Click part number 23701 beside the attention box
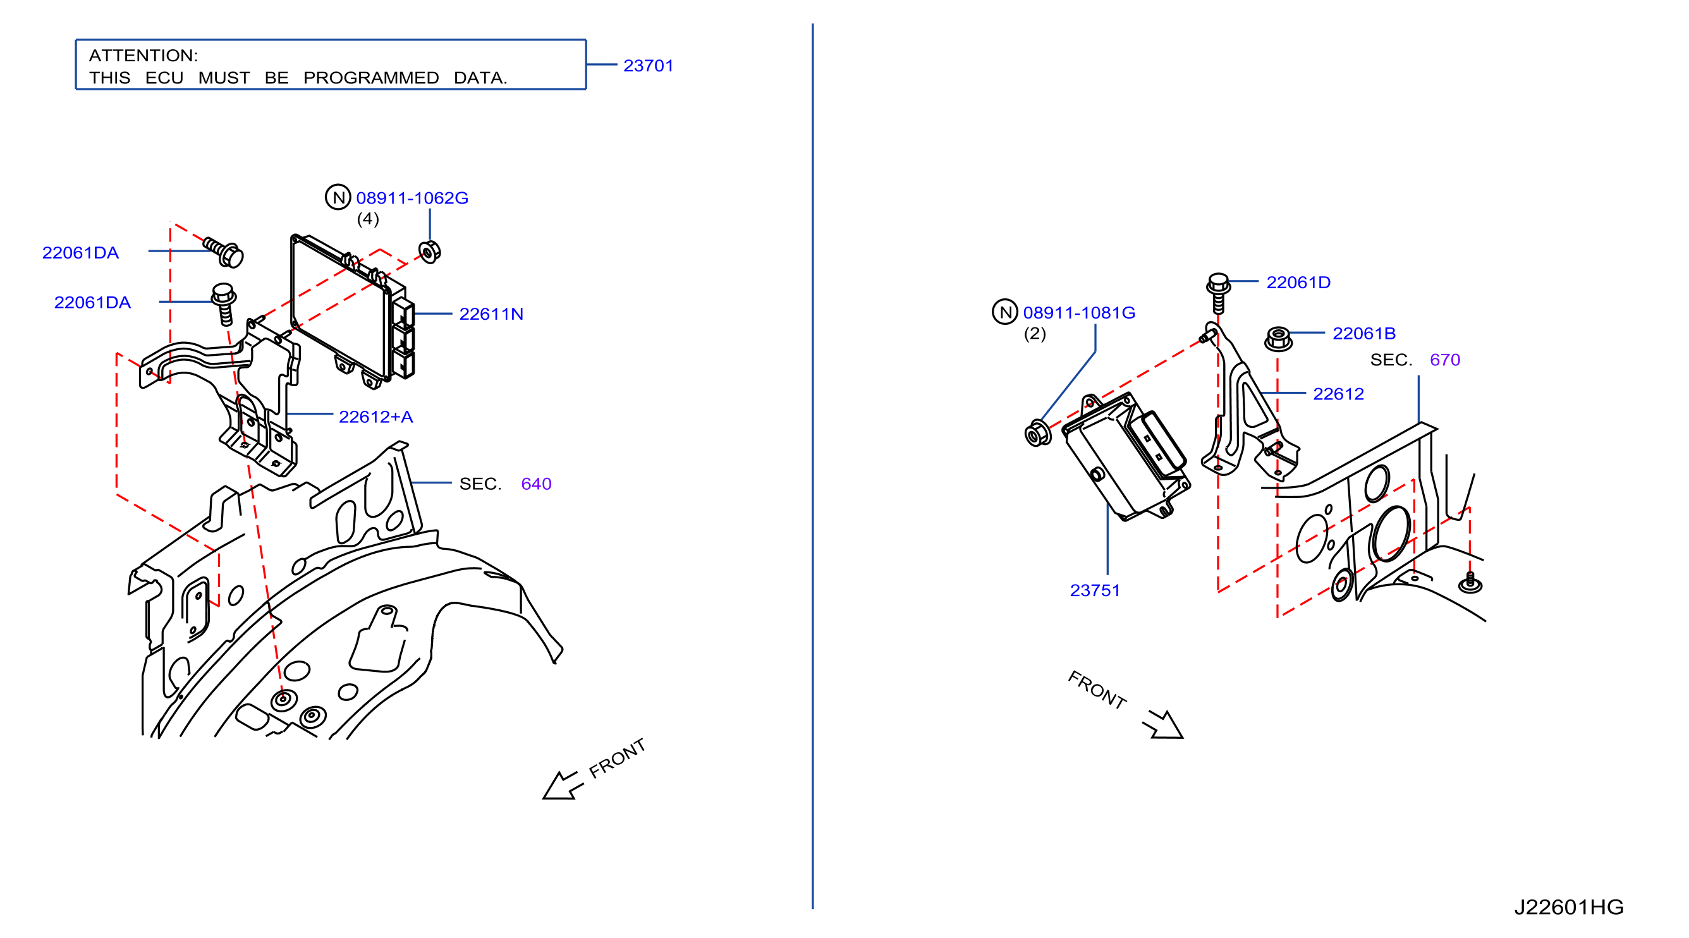point(648,66)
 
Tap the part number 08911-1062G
point(412,197)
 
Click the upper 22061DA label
point(80,252)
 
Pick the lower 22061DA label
point(92,302)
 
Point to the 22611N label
point(491,314)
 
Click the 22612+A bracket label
point(375,417)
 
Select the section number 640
point(535,484)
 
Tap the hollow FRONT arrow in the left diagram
point(562,784)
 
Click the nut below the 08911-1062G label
point(429,252)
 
